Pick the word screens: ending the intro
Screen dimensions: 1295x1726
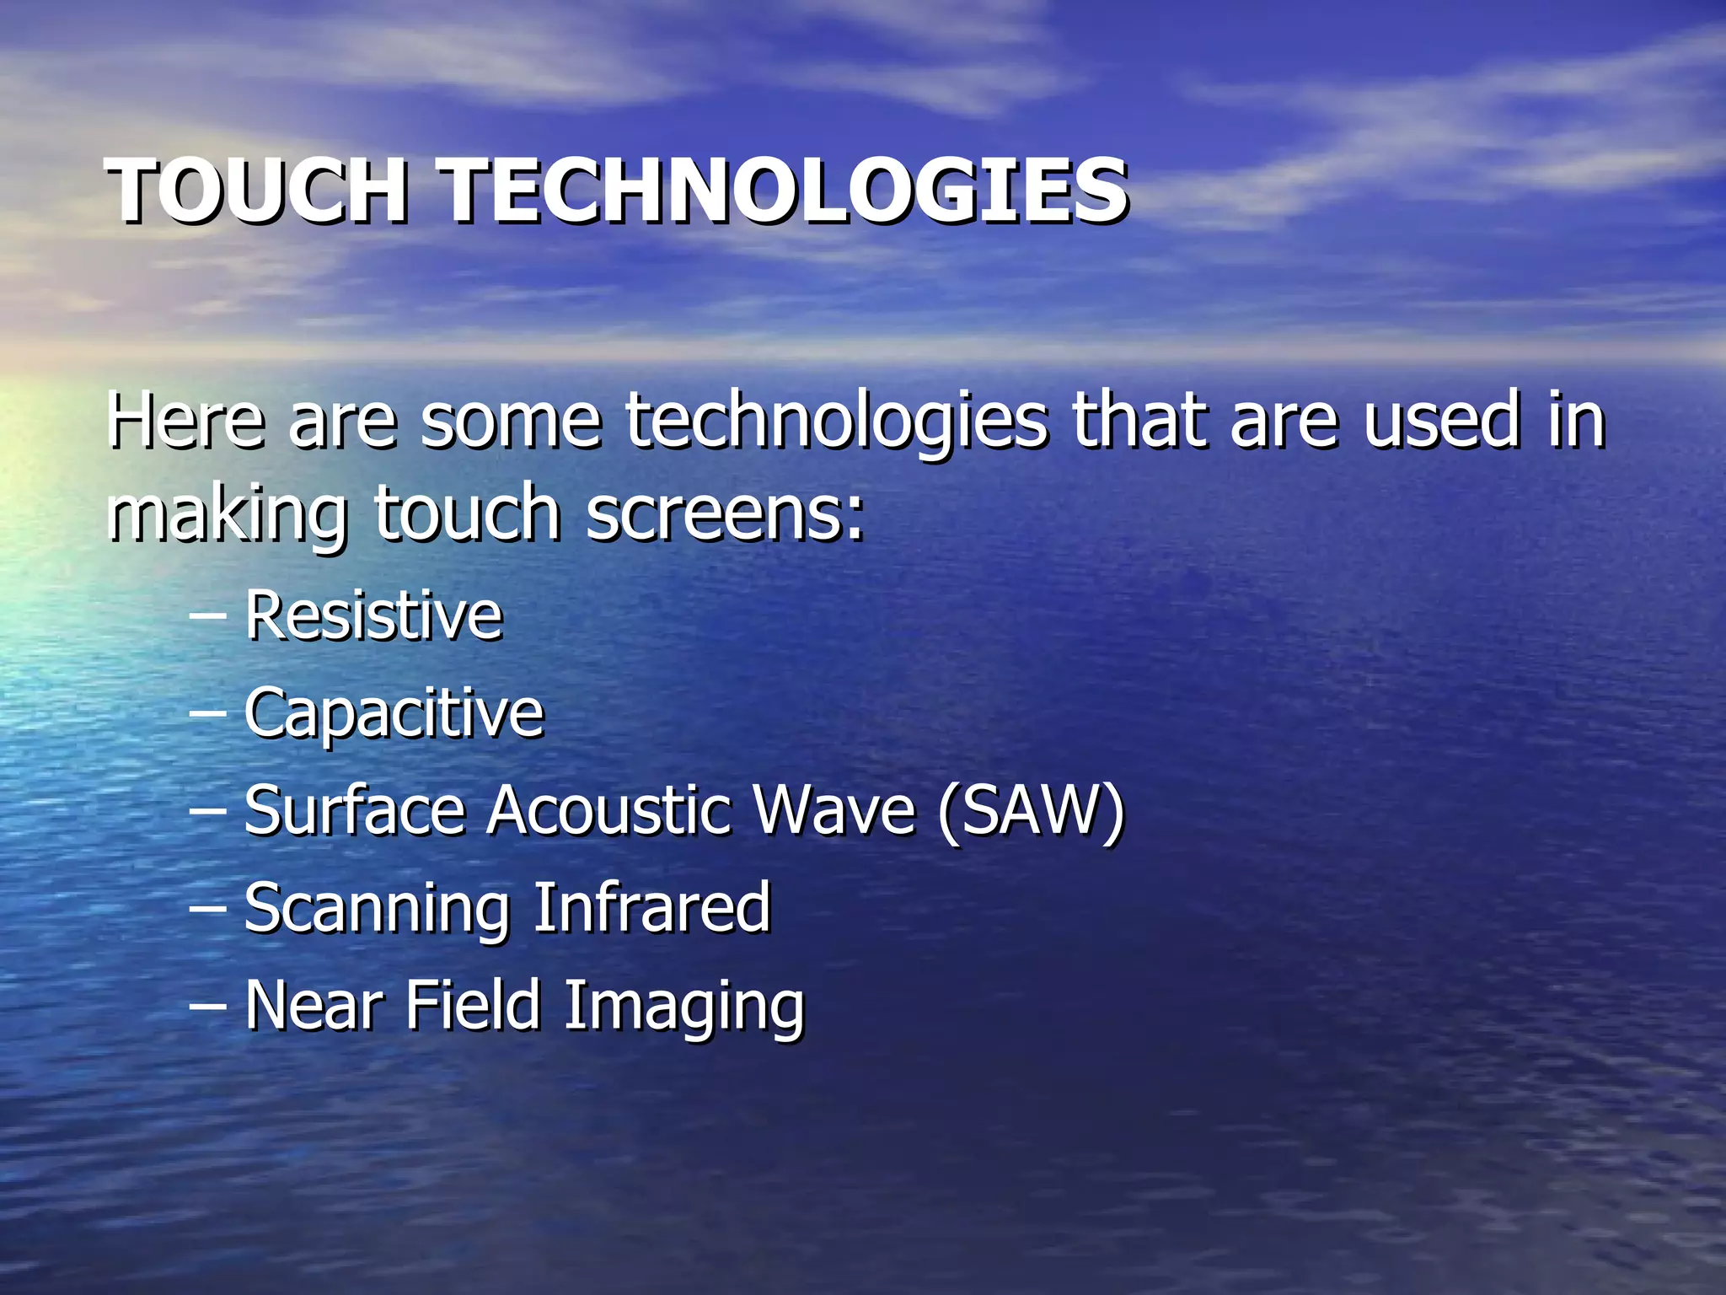pos(725,514)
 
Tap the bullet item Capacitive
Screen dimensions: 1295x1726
pos(394,714)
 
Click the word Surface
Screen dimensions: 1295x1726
pos(355,810)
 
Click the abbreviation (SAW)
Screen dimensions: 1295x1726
pos(1031,810)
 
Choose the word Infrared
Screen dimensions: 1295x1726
pos(652,907)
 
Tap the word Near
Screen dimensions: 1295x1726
pos(314,1005)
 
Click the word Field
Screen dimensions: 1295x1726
pos(472,1005)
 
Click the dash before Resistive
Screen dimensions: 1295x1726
pos(207,618)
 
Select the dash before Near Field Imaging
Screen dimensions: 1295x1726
pos(207,1007)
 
